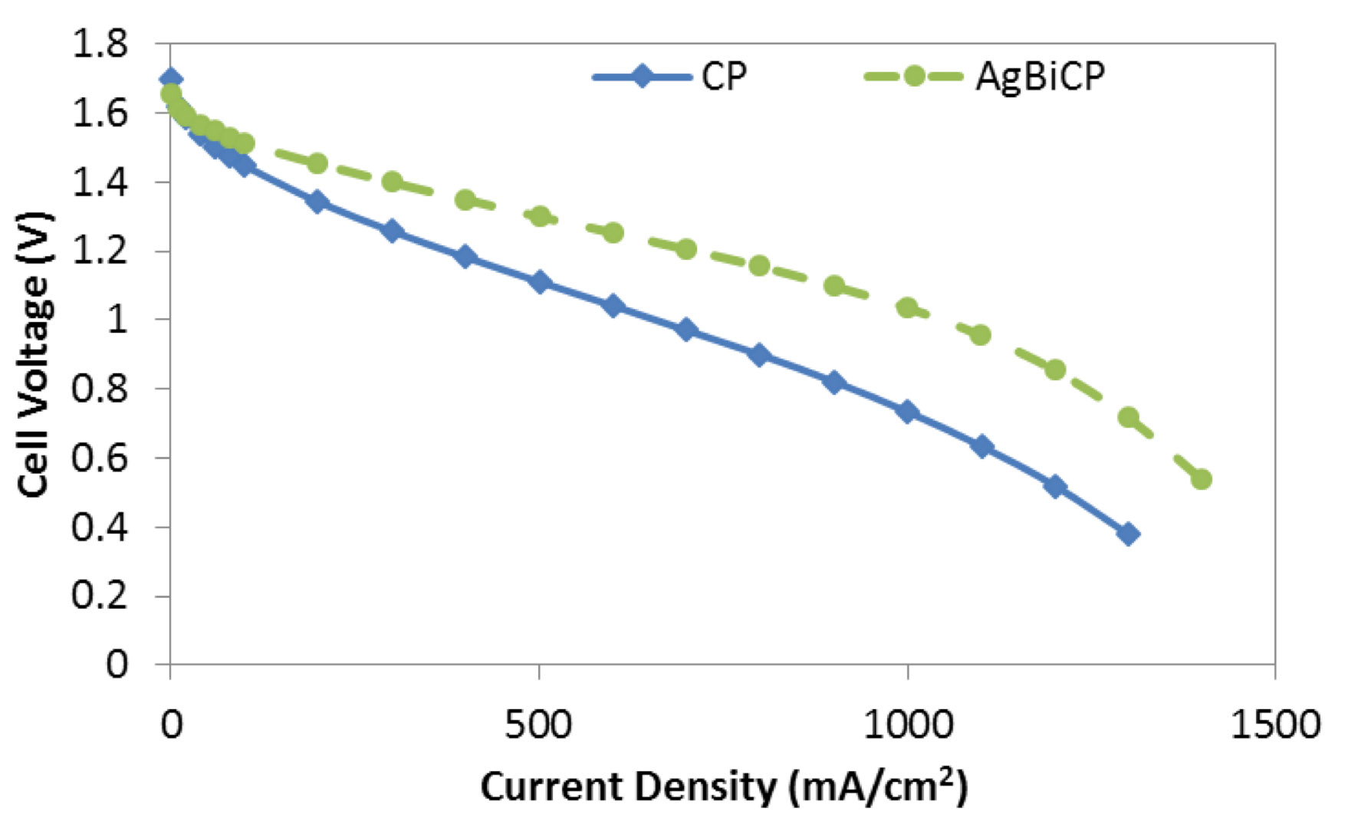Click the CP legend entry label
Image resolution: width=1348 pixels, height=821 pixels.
[724, 76]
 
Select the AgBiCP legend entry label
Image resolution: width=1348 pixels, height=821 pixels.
[1040, 77]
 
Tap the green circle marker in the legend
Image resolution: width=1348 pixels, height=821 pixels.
[913, 76]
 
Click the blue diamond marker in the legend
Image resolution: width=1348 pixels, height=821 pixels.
[641, 76]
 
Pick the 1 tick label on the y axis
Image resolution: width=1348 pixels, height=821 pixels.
[117, 320]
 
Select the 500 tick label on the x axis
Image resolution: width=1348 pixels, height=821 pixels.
[539, 724]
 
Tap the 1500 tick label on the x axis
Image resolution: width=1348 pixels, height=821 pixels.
[1275, 724]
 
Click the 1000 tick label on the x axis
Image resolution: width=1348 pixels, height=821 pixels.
[908, 724]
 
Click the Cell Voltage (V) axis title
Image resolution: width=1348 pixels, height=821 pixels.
[34, 355]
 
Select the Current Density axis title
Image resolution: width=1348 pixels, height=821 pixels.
[724, 787]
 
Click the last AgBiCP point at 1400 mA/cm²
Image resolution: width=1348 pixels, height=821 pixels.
[1202, 480]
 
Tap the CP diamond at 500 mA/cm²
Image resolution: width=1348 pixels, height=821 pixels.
[540, 282]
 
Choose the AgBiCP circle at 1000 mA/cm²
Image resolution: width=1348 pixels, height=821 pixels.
[908, 308]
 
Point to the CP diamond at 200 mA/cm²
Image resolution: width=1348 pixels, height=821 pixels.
[317, 202]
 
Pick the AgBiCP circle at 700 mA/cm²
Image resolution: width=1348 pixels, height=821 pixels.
[686, 249]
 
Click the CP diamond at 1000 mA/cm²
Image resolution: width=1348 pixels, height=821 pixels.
[908, 412]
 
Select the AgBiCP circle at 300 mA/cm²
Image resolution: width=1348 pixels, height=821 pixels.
[392, 182]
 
